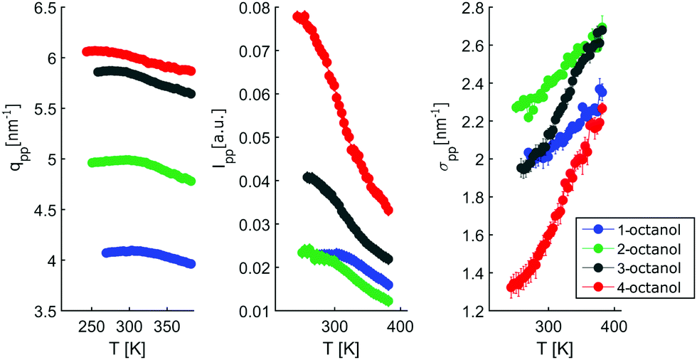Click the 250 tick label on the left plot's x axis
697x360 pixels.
tap(92, 327)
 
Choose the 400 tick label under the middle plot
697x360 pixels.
tap(401, 327)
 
